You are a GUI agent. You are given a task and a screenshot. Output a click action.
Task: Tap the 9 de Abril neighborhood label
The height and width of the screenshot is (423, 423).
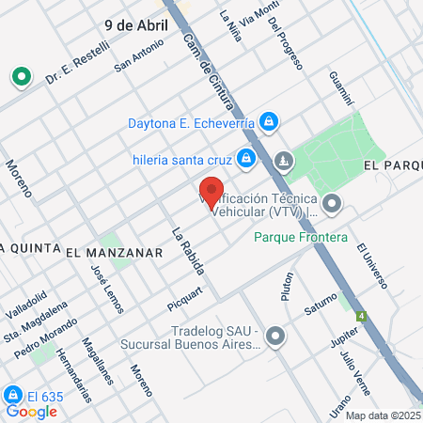tap(133, 25)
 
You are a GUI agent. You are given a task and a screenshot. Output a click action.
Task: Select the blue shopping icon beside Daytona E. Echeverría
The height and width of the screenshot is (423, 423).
tap(269, 121)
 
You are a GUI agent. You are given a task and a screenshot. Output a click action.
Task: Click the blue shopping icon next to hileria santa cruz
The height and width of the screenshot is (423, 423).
tap(245, 158)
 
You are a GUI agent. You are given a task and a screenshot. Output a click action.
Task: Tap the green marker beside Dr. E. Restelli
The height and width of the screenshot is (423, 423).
tap(19, 76)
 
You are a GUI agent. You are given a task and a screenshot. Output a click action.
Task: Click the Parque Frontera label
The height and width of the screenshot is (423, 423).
tap(301, 237)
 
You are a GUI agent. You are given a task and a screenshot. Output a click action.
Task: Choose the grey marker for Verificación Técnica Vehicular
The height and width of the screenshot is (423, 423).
tap(331, 203)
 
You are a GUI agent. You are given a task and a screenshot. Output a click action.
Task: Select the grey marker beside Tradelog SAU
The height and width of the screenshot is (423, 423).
tap(274, 335)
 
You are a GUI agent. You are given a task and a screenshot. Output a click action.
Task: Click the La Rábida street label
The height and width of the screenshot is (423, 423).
tap(187, 249)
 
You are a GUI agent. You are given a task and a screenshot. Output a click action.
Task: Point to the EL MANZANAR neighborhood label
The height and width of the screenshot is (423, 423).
tap(115, 252)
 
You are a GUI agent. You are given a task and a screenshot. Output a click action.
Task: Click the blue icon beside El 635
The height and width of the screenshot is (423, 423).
tap(13, 395)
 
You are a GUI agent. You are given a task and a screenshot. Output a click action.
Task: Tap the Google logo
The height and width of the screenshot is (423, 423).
tap(31, 411)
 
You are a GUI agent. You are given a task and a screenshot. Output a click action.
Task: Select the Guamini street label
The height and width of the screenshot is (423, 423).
tap(340, 88)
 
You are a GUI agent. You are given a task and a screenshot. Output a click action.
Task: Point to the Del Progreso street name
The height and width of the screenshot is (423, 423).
tap(285, 48)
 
